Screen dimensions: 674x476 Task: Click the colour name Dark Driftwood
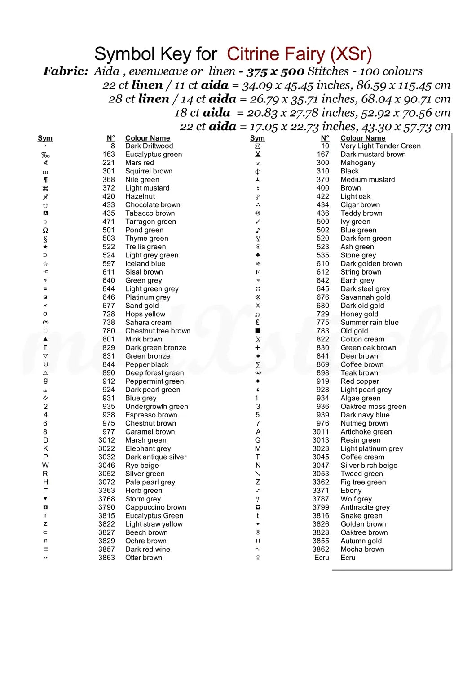(149, 146)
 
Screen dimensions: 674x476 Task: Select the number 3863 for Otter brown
(106, 558)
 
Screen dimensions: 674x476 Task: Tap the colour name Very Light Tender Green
(380, 146)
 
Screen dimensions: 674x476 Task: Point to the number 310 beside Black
(322, 171)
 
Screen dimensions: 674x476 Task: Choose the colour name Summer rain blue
(369, 322)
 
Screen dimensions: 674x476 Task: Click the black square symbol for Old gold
(258, 331)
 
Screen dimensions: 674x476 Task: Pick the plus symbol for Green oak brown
(258, 347)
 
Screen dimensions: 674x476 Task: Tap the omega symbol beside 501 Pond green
(45, 230)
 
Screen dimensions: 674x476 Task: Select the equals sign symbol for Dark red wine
(45, 549)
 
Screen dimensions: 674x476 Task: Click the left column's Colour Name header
(147, 138)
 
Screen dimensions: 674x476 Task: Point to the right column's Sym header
(257, 138)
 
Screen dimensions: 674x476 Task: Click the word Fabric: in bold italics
(66, 71)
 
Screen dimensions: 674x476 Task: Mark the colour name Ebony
(351, 491)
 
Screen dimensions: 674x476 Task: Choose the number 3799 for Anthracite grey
(321, 507)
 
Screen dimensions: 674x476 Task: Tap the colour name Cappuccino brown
(155, 507)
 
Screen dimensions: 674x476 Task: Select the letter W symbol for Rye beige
(45, 465)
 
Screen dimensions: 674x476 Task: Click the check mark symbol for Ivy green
(258, 222)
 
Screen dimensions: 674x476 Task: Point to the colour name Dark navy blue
(365, 415)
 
